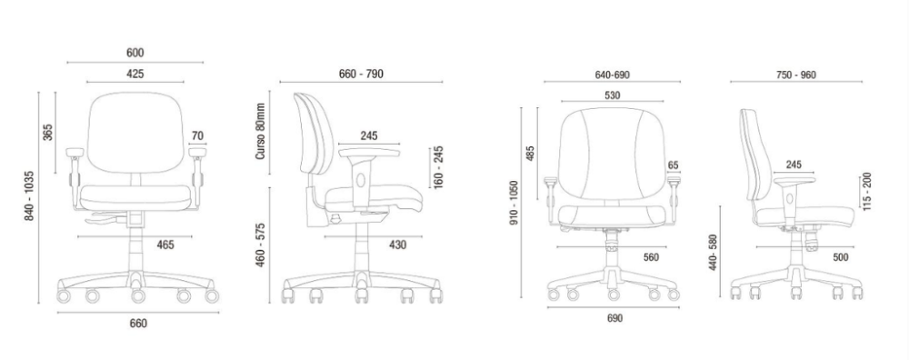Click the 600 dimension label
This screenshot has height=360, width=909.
pyautogui.click(x=135, y=53)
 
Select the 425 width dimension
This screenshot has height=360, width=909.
pyautogui.click(x=135, y=74)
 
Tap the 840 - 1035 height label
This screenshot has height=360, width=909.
pyautogui.click(x=30, y=195)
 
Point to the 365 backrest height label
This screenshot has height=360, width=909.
pyautogui.click(x=47, y=132)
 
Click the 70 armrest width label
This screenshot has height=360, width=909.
pyautogui.click(x=197, y=136)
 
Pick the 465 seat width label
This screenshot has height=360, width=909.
pyautogui.click(x=165, y=245)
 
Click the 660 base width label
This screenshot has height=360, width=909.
pyautogui.click(x=138, y=324)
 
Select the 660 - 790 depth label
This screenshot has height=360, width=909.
pyautogui.click(x=361, y=74)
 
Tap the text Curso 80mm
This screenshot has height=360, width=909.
pyautogui.click(x=260, y=132)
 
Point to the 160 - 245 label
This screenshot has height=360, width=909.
pyautogui.click(x=439, y=166)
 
